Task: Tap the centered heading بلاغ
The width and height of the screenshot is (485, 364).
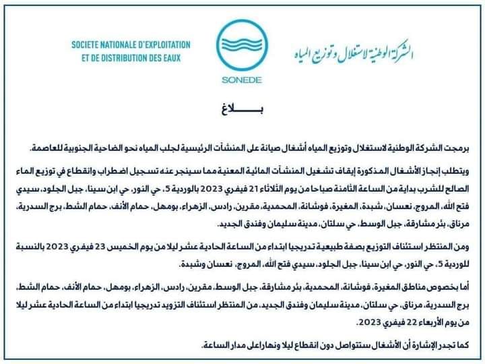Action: pyautogui.click(x=242, y=107)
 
